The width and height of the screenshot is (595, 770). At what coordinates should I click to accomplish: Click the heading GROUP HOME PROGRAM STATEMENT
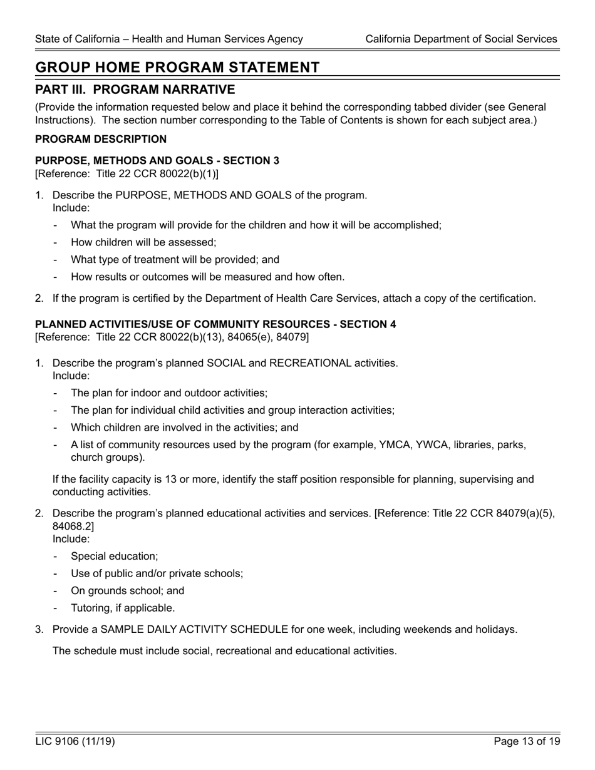pos(177,68)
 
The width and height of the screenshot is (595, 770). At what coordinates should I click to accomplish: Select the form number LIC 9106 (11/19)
pos(75,742)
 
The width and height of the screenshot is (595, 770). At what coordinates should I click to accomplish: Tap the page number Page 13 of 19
pos(526,742)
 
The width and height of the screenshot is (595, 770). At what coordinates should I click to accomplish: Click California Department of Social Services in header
pos(461,39)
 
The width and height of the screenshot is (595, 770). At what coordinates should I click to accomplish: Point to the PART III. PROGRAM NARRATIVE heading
pos(135,90)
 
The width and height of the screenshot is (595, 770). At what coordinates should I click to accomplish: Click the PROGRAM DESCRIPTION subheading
pos(101,139)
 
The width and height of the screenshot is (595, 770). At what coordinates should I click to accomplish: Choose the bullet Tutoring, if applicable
pos(123,608)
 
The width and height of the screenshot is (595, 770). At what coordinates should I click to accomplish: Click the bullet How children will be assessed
pos(143,242)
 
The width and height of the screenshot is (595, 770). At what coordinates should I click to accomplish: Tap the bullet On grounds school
pos(128,590)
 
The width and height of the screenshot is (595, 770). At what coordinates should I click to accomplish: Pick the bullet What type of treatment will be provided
pos(175,259)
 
